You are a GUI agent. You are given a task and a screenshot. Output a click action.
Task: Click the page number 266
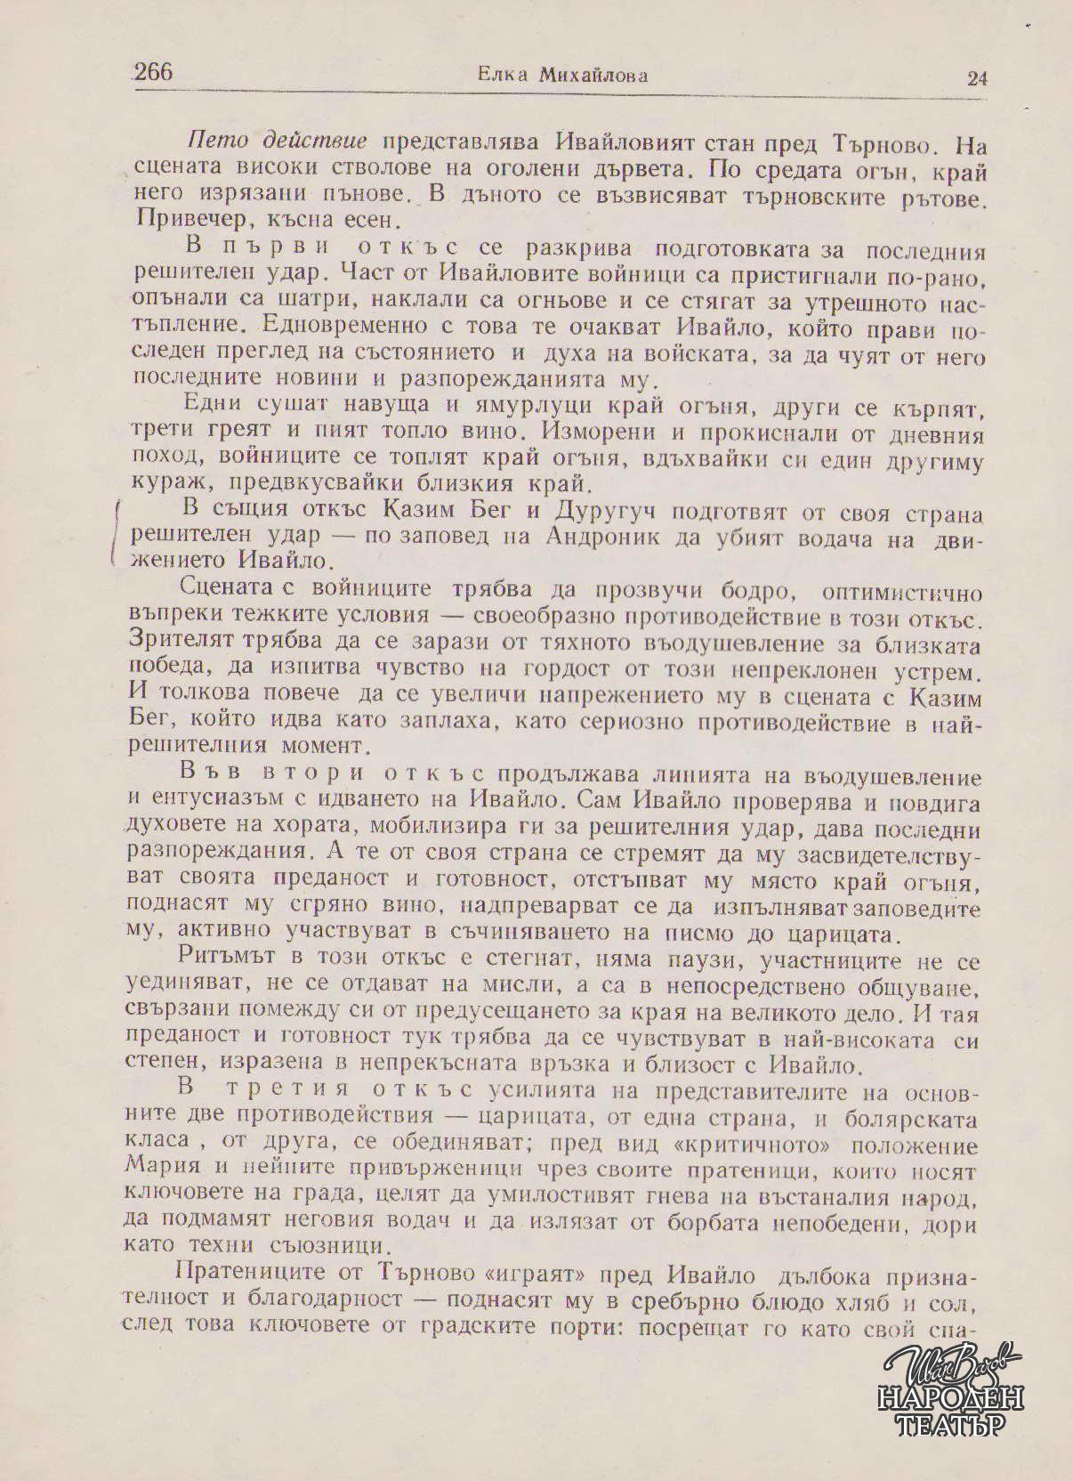pyautogui.click(x=153, y=72)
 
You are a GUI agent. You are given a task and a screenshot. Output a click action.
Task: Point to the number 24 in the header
pyautogui.click(x=976, y=78)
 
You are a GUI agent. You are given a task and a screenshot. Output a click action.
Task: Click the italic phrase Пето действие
pyautogui.click(x=278, y=142)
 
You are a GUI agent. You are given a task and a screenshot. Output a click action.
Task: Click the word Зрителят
pyautogui.click(x=182, y=641)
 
